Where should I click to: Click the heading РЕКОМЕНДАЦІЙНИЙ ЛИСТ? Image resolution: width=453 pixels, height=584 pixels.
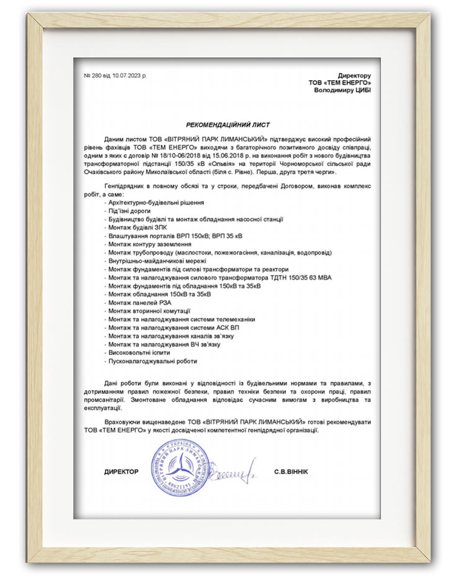(x=228, y=124)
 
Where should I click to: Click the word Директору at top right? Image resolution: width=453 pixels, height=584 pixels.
(x=354, y=75)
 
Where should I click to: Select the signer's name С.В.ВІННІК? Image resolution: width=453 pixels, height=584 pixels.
(x=290, y=472)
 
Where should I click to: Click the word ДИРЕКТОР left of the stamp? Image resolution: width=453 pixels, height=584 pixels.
(x=122, y=472)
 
